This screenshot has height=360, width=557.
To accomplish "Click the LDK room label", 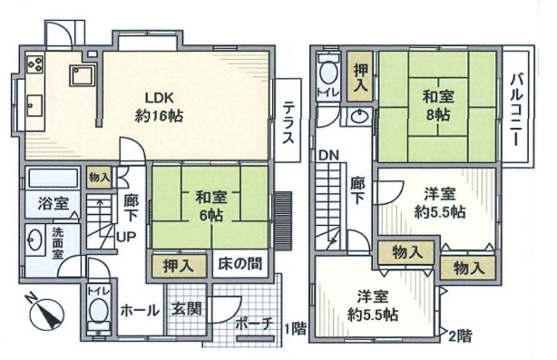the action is click(159, 106).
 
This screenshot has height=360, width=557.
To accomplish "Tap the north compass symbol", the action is click(46, 313).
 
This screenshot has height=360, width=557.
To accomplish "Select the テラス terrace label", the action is click(288, 122).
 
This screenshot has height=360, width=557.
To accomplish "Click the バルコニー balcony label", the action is click(516, 110).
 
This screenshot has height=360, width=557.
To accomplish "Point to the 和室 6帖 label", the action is click(211, 206).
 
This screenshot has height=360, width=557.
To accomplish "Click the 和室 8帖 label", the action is click(438, 105).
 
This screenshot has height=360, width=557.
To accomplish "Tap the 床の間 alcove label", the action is click(239, 264).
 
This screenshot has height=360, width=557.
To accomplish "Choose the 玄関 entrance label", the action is click(187, 308).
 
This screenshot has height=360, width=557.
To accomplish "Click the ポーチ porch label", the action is click(254, 323).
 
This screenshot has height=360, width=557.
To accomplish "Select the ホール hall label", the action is click(140, 311).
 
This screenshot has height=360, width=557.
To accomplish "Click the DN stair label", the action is click(328, 155).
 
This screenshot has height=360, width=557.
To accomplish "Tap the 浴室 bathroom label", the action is click(54, 204).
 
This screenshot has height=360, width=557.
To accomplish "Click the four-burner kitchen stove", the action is click(35, 64).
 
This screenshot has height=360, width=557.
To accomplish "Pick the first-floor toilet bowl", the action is click(98, 310).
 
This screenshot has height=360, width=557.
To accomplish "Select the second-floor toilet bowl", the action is click(327, 73).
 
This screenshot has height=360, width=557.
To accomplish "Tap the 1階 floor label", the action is click(296, 329).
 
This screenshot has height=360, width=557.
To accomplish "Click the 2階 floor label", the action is click(460, 336).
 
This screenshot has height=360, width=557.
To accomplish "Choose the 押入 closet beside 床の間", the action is click(179, 266).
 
